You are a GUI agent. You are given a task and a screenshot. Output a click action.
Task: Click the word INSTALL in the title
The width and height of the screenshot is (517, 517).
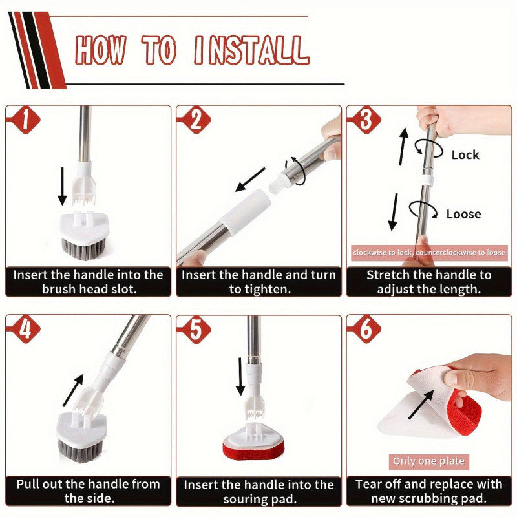252,50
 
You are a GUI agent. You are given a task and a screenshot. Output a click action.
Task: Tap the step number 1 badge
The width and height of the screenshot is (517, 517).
25,120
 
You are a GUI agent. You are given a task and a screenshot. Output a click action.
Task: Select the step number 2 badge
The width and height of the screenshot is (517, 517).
196,120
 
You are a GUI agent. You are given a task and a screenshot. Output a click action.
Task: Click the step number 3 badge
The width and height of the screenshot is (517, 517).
366,120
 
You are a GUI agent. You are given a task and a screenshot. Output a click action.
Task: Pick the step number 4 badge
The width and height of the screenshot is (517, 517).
25,330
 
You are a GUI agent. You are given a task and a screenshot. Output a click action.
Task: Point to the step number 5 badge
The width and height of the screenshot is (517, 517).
196,330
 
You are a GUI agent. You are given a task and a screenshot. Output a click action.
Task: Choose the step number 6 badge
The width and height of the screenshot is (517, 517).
366,330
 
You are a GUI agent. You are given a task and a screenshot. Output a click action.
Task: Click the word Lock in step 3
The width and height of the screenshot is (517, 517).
465,154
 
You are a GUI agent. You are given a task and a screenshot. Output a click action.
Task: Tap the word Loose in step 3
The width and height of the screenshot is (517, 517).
463,214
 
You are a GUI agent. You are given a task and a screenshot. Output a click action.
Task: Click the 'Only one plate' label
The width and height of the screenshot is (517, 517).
428,461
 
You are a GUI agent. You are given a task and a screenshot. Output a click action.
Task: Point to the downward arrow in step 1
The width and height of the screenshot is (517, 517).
62,186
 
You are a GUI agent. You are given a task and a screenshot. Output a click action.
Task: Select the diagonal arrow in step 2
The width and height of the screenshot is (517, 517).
250,180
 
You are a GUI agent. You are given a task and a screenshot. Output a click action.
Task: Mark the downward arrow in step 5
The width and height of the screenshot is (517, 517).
240,377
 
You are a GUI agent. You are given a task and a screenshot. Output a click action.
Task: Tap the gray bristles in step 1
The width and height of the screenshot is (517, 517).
83,248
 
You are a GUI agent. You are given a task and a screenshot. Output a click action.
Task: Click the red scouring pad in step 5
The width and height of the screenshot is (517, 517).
253,450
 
